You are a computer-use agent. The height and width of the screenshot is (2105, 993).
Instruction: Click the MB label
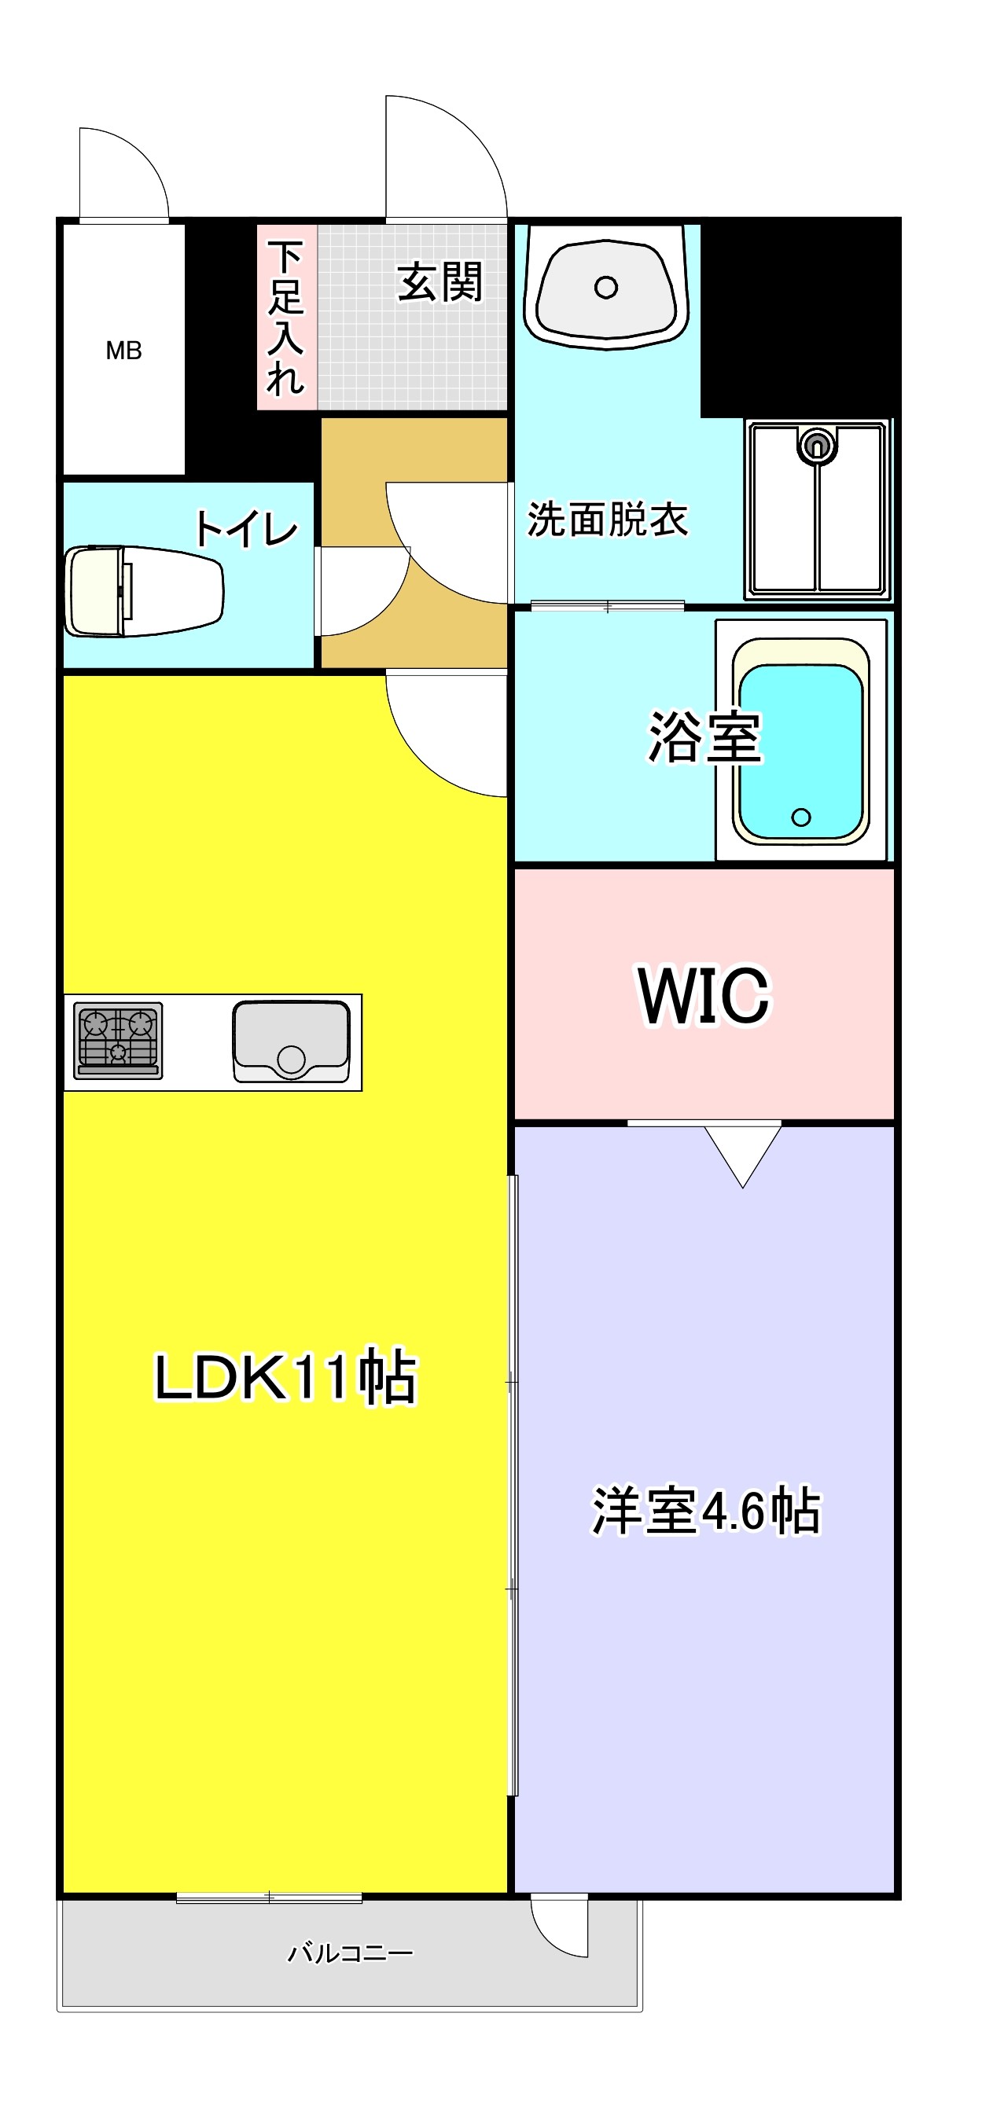(x=123, y=351)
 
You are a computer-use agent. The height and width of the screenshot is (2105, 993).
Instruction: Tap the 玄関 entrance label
(x=439, y=282)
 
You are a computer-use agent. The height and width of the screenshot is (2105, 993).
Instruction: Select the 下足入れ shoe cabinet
(x=286, y=317)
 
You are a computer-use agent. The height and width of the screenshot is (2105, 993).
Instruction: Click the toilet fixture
(x=143, y=591)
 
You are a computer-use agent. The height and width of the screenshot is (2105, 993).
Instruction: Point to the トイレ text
(x=246, y=529)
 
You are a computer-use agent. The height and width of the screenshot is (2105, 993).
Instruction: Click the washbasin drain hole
(x=605, y=288)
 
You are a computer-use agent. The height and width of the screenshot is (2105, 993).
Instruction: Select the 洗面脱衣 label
(x=607, y=519)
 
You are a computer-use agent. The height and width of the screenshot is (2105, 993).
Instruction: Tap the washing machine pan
(x=818, y=509)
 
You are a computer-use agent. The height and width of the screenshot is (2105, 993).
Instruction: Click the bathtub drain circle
(x=801, y=817)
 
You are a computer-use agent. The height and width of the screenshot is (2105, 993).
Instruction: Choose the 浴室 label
(x=704, y=737)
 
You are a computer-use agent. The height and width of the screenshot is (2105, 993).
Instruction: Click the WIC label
(x=704, y=994)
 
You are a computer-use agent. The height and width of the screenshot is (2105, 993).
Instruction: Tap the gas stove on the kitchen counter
(x=119, y=1040)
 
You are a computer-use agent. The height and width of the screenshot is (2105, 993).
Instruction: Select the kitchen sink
(x=291, y=1041)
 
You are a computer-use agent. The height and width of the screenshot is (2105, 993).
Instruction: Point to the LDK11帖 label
(x=285, y=1377)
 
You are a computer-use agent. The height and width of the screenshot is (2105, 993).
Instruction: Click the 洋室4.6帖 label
(x=705, y=1510)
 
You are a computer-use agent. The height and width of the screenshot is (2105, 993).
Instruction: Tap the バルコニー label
(x=350, y=1954)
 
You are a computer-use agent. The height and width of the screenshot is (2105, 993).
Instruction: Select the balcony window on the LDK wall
(x=269, y=1898)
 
